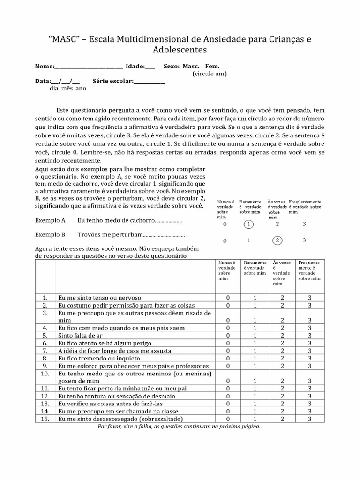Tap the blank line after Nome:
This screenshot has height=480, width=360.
click(89, 67)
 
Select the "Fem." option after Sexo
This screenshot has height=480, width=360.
click(212, 67)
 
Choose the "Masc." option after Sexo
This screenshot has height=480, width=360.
click(191, 67)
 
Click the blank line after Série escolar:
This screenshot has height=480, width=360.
click(150, 81)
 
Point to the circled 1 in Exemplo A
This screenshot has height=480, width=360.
click(248, 224)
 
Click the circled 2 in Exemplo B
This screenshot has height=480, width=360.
click(277, 240)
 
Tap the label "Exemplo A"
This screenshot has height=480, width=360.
click(50, 220)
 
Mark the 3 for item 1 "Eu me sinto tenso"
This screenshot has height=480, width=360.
click(310, 297)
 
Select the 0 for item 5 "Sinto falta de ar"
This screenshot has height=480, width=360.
click(228, 335)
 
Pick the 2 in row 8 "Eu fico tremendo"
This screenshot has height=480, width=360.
click(282, 358)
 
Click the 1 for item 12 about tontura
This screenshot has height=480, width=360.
click(255, 396)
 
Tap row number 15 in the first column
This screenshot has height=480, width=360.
click(45, 419)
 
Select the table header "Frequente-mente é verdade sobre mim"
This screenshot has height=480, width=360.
click(310, 271)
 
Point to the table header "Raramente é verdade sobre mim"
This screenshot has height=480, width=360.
click(255, 268)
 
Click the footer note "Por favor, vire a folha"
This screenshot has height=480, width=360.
click(180, 427)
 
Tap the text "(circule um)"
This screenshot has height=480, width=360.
click(210, 74)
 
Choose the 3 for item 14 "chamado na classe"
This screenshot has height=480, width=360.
click(310, 411)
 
